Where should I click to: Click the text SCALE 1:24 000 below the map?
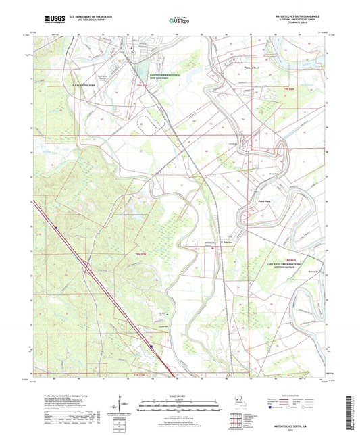tap(179, 396)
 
